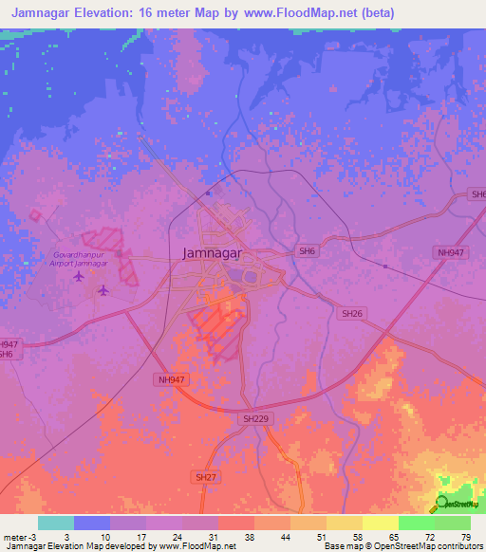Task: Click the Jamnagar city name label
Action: tap(211, 254)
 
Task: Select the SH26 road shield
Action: tap(352, 313)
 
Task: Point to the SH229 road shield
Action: tap(252, 417)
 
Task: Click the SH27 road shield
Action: tap(204, 476)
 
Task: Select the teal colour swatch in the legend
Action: tap(55, 523)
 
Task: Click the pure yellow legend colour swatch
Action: tap(380, 523)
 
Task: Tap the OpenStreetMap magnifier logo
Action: tap(442, 504)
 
